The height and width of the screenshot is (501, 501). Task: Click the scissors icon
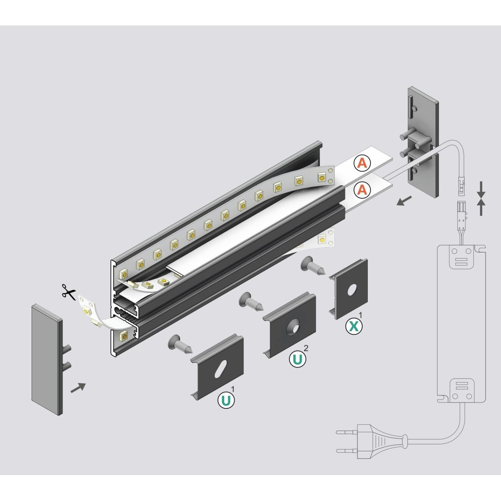(x=69, y=291)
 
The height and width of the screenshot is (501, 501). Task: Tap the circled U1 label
(x=226, y=400)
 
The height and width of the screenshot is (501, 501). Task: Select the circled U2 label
(x=298, y=359)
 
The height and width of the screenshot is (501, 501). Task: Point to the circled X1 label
(x=354, y=326)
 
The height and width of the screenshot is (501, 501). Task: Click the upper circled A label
(x=362, y=164)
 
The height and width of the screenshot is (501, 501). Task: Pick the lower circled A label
(x=362, y=190)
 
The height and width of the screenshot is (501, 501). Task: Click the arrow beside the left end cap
(x=78, y=387)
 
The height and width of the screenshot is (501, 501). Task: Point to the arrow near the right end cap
(x=404, y=202)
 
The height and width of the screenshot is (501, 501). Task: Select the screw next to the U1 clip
(x=178, y=343)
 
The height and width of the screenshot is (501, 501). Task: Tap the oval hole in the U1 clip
(x=220, y=369)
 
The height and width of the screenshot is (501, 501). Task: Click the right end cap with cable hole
(x=423, y=142)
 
